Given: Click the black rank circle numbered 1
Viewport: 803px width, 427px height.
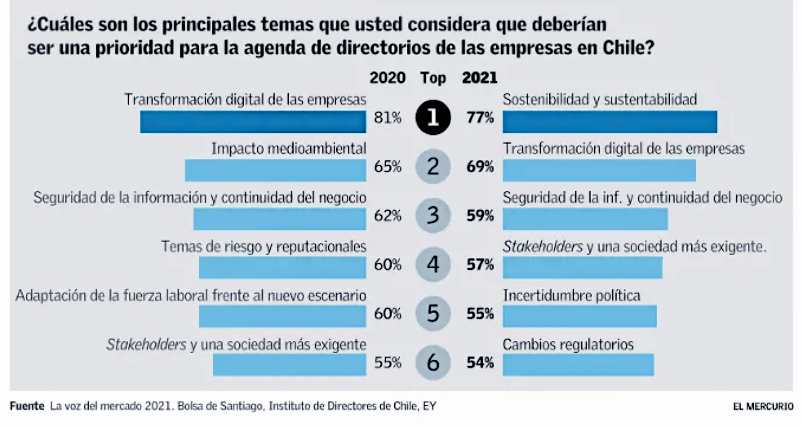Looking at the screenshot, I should point(433,117).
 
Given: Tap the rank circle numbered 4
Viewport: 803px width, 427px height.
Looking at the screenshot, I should point(433,264).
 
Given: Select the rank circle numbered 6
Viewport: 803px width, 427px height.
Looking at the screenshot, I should point(433,362).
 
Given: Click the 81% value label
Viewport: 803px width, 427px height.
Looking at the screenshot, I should point(387,118).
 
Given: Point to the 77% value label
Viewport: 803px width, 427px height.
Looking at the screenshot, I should point(480,118).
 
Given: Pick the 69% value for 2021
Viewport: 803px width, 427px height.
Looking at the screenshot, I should point(480,167).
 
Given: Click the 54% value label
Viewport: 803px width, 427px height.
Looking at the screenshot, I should point(480,362).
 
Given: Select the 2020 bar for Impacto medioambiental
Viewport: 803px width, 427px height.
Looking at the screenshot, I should point(275,170).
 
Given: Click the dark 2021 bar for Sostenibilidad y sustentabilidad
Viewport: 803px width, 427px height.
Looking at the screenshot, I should point(609,122).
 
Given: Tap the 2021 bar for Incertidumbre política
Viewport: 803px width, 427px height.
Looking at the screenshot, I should point(579,316).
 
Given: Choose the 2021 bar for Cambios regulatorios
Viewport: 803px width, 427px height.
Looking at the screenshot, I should point(578,365).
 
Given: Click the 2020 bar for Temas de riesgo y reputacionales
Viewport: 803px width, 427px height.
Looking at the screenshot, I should point(282,268).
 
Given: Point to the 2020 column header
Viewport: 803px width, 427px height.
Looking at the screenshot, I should point(387,77).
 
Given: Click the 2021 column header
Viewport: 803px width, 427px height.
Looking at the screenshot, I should point(479,77).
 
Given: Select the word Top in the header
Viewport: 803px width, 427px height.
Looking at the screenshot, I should point(433,78).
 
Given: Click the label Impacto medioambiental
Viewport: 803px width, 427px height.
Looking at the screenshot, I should point(289,148).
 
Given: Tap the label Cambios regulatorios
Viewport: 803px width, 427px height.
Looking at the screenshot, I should point(568,344).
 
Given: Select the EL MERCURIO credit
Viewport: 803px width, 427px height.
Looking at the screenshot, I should point(763,406).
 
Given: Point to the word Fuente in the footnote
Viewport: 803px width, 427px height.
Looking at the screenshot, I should point(27,406).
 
